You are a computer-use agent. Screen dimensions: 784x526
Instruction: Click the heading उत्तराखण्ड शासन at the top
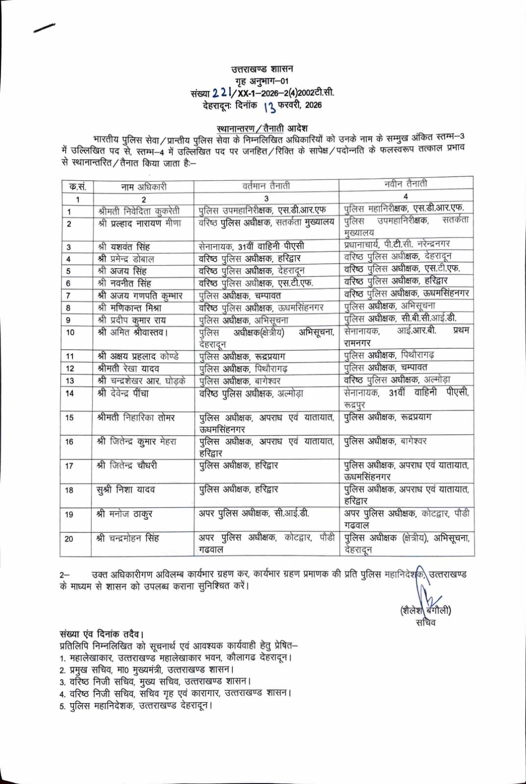(262, 69)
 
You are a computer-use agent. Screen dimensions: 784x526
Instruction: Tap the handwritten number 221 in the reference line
(221, 92)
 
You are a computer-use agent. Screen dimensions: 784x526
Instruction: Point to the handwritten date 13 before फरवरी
(269, 106)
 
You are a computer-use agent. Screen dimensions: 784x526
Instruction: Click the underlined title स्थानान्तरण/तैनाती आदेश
(262, 128)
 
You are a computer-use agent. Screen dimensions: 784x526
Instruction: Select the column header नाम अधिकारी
(144, 187)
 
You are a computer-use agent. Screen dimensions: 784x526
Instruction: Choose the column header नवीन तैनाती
(405, 184)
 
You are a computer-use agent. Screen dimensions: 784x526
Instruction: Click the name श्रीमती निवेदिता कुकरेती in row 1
(139, 211)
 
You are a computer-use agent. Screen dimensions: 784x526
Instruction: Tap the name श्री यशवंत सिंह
(124, 246)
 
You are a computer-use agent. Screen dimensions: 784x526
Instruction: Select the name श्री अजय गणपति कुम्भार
(140, 295)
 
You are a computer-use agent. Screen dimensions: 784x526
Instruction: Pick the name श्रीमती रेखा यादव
(128, 368)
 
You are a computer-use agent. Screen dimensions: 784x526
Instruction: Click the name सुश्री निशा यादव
(125, 490)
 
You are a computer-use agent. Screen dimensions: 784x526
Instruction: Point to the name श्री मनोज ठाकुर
(125, 514)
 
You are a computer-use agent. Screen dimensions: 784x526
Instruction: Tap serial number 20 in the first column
(69, 539)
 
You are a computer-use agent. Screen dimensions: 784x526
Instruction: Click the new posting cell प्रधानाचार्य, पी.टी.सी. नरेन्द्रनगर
(397, 244)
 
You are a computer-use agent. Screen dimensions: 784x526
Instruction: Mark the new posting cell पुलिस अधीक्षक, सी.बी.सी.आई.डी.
(400, 318)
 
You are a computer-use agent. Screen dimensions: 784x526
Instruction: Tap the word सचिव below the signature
(426, 623)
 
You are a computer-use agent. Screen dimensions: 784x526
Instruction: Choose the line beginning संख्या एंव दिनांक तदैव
(101, 634)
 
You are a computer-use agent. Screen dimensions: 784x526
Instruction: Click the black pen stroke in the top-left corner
(44, 28)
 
